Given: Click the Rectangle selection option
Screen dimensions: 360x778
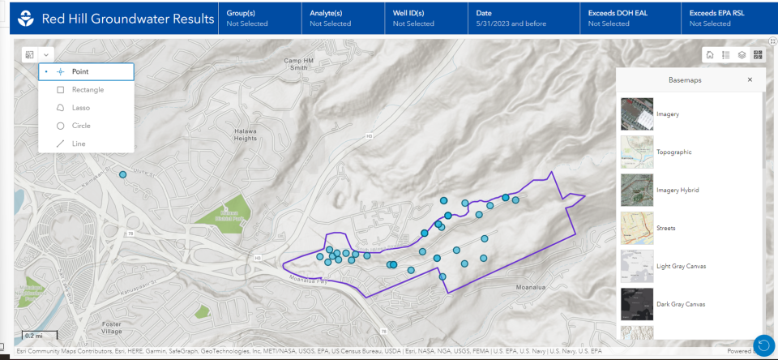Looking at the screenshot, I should pos(81,89).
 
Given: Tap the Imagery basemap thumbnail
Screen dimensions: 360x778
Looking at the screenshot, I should pos(635,114).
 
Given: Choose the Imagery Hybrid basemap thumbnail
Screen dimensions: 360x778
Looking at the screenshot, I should pos(635,190).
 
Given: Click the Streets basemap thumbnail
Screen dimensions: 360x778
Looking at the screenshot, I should pos(635,228).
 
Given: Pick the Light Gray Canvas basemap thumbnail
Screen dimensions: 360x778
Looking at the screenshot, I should pos(635,266).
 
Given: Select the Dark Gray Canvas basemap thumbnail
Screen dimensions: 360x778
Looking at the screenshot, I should pos(635,304).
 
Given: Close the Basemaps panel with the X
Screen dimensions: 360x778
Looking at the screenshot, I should pos(750,79).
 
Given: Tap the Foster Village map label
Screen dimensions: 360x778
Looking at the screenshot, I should pos(111,328).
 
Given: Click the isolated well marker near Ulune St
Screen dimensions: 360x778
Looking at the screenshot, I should pos(123,174).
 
